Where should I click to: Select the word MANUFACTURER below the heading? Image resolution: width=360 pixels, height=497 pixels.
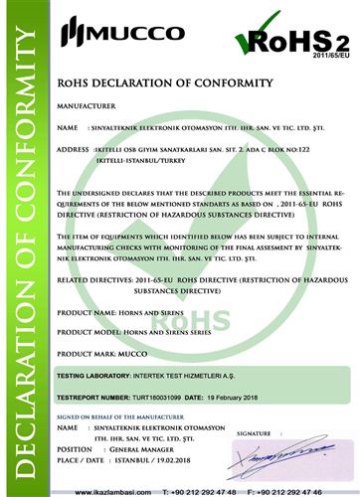click(86, 103)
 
